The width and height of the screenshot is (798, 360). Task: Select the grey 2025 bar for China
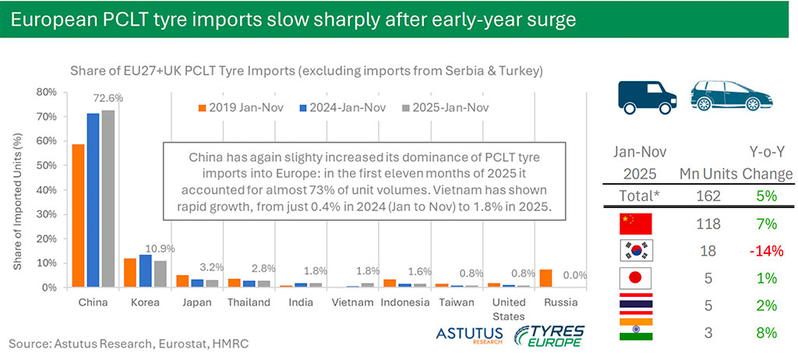[x=108, y=199]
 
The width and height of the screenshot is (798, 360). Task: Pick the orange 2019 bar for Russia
[x=546, y=278]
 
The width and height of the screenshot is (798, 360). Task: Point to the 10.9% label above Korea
[x=162, y=250]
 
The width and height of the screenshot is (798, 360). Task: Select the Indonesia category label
[x=404, y=302]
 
